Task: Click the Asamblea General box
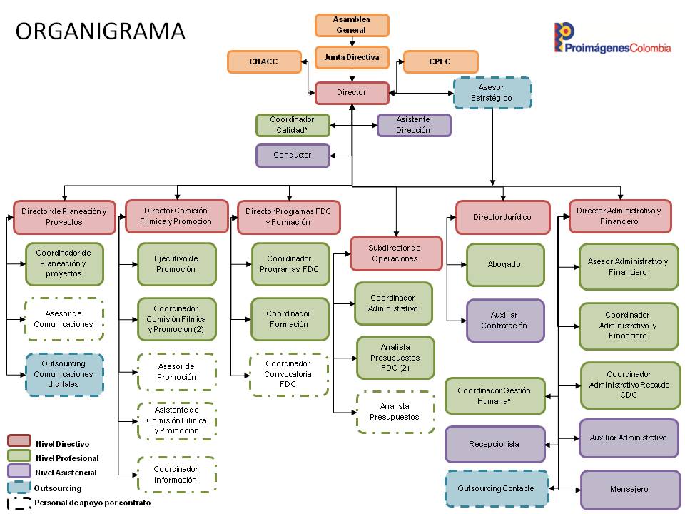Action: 352,25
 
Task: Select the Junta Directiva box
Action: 352,57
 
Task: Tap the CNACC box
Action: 263,61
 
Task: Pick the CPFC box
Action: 440,61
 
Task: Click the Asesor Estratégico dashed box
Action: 492,93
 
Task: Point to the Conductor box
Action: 293,155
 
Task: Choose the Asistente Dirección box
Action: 414,125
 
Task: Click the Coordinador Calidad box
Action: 293,125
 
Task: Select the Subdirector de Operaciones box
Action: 395,253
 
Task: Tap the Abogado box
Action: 505,265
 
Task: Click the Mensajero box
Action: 629,490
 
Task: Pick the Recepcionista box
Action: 495,444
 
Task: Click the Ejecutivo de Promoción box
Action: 176,264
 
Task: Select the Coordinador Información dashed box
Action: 176,475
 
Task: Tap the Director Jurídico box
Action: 502,217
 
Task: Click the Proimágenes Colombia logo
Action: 612,39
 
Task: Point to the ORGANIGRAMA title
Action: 100,31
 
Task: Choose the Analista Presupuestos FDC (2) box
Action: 395,357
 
